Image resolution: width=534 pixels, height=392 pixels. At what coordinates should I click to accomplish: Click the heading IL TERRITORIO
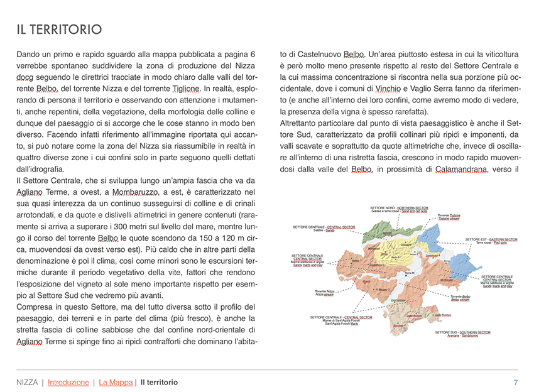pyautogui.click(x=59, y=29)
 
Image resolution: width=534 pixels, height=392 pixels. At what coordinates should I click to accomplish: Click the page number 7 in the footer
pyautogui.click(x=515, y=382)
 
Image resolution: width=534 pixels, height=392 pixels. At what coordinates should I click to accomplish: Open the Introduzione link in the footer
pyautogui.click(x=68, y=382)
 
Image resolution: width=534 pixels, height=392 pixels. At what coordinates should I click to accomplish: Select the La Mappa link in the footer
pyautogui.click(x=116, y=382)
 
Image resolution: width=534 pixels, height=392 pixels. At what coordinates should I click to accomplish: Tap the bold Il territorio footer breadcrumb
pyautogui.click(x=159, y=382)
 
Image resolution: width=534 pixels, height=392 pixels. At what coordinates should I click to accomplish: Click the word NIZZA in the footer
pyautogui.click(x=27, y=382)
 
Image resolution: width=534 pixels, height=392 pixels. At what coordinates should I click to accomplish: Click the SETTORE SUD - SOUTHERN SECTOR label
pyautogui.click(x=462, y=333)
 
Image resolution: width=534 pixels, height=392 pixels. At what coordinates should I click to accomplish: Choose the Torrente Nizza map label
pyautogui.click(x=325, y=293)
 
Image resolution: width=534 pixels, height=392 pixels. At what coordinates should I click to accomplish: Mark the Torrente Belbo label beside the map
pyautogui.click(x=460, y=298)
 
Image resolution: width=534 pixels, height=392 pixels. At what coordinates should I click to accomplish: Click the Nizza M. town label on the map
pyautogui.click(x=410, y=273)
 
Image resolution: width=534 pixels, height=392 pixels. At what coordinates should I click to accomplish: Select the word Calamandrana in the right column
pyautogui.click(x=462, y=169)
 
